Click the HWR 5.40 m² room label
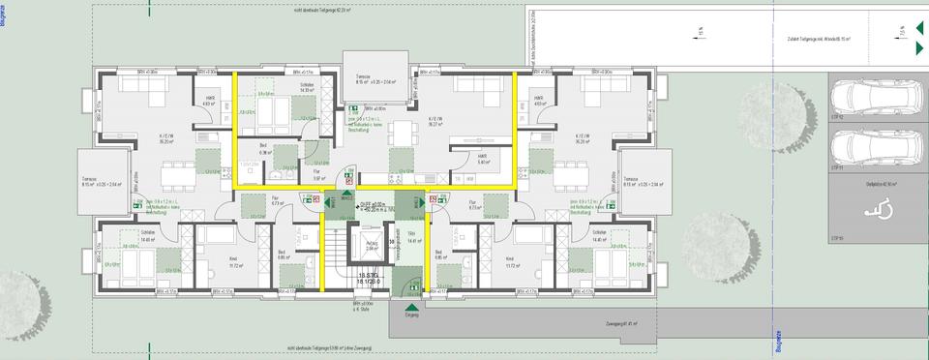pos(482,161)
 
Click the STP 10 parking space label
pos(838,237)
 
